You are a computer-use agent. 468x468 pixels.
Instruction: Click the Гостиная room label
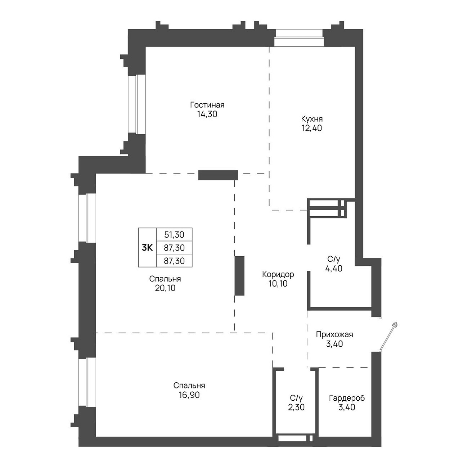(207, 105)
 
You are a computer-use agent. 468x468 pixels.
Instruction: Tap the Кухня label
(312, 119)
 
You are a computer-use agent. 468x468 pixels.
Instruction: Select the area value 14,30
(207, 114)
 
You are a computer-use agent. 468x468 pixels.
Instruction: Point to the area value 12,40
(312, 128)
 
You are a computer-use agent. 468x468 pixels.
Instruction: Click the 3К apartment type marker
(147, 248)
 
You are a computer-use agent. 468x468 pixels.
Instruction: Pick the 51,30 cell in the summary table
(174, 235)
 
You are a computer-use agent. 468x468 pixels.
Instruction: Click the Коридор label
(278, 274)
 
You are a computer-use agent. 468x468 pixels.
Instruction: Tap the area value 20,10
(165, 288)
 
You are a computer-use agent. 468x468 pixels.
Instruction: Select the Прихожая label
(334, 335)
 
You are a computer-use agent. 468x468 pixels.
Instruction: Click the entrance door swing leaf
(388, 337)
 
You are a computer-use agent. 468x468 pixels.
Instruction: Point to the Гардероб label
(347, 398)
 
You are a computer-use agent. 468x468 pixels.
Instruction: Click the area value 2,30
(296, 407)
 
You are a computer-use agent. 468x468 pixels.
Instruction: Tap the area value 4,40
(334, 268)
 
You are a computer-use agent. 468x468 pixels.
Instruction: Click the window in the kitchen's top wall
(299, 38)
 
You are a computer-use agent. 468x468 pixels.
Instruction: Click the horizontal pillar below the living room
(218, 175)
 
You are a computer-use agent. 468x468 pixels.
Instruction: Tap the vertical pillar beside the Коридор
(239, 276)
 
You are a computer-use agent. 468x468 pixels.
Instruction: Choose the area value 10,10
(278, 283)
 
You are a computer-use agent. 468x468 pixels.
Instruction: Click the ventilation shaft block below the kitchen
(327, 208)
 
